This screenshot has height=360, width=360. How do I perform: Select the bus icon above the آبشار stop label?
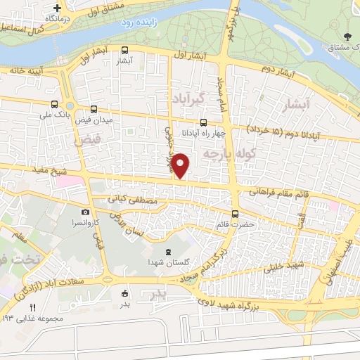pos(124,51)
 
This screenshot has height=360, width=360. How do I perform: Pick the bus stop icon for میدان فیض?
pos(94,109)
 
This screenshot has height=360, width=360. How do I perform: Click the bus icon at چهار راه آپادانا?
pos(203,122)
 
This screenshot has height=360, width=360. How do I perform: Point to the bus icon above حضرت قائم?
pos(234,214)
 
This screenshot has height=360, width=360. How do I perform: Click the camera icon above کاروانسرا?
pos(85,212)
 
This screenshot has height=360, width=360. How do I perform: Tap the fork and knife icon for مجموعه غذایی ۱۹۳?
pos(32,308)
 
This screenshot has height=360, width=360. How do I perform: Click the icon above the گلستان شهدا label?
pos(167,252)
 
